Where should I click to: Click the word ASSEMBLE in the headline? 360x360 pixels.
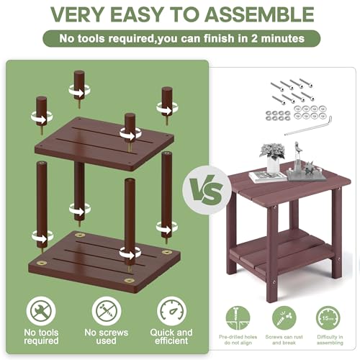(x=259, y=14)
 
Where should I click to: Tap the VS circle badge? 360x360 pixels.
(x=206, y=190)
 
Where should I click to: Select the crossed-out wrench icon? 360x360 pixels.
(x=41, y=311)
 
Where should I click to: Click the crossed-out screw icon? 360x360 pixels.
(x=107, y=311)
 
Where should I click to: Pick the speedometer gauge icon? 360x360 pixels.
(x=171, y=311)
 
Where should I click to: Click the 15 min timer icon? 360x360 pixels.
(x=328, y=318)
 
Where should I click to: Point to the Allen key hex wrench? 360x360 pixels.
(x=309, y=126)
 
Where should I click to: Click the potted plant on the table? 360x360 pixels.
(x=273, y=157)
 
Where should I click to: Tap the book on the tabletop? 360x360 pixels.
(x=268, y=177)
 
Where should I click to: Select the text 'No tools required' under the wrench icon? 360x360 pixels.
(x=41, y=336)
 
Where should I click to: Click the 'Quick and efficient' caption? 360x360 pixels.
(x=171, y=336)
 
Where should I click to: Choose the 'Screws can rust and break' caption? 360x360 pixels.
(x=284, y=340)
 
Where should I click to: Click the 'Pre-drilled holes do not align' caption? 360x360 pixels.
(x=238, y=340)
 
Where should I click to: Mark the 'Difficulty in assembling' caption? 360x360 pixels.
(x=330, y=340)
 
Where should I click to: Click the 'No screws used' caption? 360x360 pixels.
(x=107, y=336)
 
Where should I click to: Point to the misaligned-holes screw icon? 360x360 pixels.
(x=238, y=318)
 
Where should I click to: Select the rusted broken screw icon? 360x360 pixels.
(x=284, y=318)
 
